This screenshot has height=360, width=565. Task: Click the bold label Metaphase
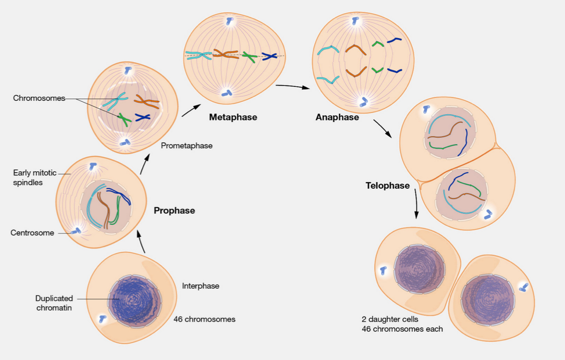[233, 117]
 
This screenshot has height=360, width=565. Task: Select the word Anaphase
[337, 118]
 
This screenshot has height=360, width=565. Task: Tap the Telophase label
[388, 185]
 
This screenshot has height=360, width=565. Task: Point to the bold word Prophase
[174, 211]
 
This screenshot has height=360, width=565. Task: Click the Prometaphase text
[187, 146]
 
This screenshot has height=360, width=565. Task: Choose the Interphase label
[201, 286]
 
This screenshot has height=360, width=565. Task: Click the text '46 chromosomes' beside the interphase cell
[204, 319]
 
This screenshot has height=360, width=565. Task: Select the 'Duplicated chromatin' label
[54, 303]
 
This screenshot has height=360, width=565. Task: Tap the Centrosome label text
[32, 233]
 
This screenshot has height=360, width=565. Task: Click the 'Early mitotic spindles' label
[35, 177]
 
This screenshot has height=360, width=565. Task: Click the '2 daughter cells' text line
[390, 320]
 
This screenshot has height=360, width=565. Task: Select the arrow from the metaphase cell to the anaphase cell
[292, 86]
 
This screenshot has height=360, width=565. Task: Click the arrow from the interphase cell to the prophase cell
[142, 242]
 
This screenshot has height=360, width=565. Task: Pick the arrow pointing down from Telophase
[416, 205]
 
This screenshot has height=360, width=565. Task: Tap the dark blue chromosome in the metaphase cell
[269, 57]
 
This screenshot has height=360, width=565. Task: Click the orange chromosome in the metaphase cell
[226, 55]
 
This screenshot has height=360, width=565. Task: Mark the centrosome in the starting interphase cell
[102, 319]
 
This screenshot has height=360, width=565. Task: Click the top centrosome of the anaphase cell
[355, 20]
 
